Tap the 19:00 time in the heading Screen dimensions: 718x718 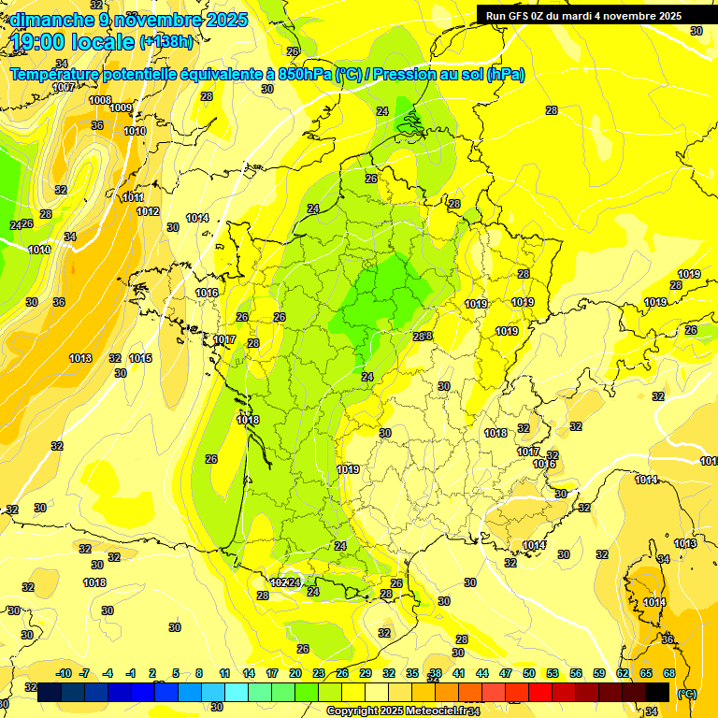pos(38,42)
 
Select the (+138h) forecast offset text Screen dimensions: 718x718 pos(166,42)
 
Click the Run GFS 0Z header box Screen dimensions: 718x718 pos(584,15)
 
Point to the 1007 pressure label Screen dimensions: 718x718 pos(65,87)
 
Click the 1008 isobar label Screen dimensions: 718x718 pos(100,100)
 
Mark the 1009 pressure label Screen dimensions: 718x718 pos(121,108)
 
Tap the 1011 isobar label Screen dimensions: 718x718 pos(134,198)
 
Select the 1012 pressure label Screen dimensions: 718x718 pos(148,211)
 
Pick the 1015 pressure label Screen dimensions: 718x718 pos(141,359)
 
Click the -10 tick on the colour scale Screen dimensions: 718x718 pos(65,673)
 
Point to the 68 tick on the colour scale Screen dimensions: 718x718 pos(669,673)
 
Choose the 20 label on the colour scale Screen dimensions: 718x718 pos(295,673)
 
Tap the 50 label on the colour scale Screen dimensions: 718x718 pos(529,673)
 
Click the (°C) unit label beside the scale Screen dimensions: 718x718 pos(687,694)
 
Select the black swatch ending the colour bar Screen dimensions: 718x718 pos(657,692)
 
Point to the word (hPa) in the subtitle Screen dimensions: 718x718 pos(505,75)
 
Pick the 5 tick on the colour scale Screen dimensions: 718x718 pos(176,673)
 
